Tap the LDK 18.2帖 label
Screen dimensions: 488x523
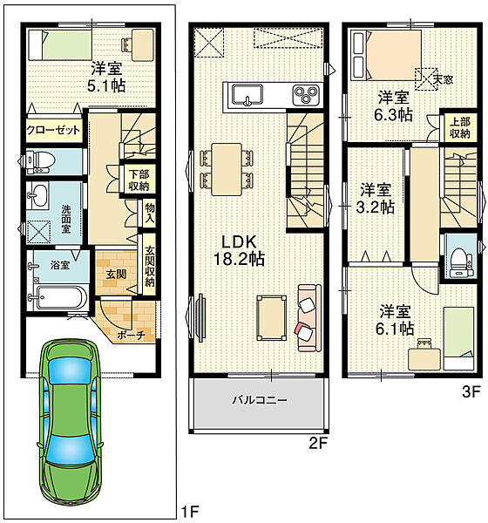(239, 250)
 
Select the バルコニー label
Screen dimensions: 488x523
(260, 399)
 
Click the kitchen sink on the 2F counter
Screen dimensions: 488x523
(247, 94)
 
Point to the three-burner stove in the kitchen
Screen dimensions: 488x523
(306, 94)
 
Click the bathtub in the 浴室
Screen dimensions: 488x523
(60, 297)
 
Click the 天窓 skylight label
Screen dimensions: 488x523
(443, 79)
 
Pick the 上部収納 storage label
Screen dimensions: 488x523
(460, 128)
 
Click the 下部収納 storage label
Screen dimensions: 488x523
(139, 180)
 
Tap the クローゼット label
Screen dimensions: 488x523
(53, 130)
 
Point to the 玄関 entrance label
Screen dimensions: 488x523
(117, 275)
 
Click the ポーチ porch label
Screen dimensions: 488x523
(131, 336)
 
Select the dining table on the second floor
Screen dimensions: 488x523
(227, 169)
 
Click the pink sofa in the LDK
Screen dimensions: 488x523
(309, 318)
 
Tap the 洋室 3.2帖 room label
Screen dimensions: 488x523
(376, 198)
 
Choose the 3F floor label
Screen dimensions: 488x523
(471, 391)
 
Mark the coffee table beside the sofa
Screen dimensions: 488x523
(272, 318)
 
